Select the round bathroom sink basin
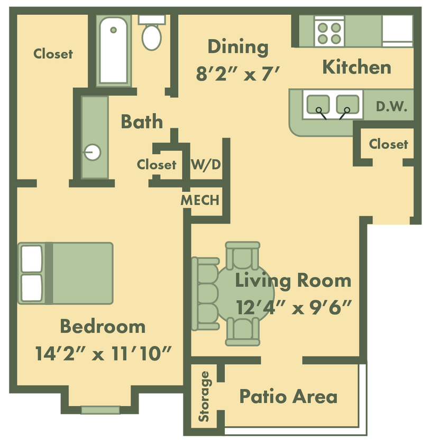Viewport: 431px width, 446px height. (x=93, y=153)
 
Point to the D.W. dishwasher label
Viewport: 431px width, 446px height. (x=391, y=107)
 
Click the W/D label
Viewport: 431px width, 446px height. (x=206, y=164)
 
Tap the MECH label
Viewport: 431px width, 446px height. (x=200, y=200)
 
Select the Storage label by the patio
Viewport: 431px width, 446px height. (x=204, y=396)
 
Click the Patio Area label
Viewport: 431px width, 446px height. (x=288, y=396)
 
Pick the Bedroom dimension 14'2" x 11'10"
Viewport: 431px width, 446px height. (x=105, y=353)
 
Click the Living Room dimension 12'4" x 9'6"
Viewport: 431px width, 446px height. (x=294, y=307)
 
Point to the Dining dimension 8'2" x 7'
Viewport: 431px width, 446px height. (x=237, y=74)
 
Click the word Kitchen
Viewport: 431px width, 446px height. (x=357, y=68)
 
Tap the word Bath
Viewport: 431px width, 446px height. (x=142, y=122)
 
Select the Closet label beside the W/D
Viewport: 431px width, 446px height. (x=157, y=165)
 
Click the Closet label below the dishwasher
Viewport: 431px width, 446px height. (x=389, y=144)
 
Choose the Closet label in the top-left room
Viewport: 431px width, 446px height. (x=53, y=54)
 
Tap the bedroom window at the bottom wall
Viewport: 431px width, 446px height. (x=100, y=410)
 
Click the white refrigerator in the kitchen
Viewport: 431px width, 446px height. (x=397, y=31)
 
